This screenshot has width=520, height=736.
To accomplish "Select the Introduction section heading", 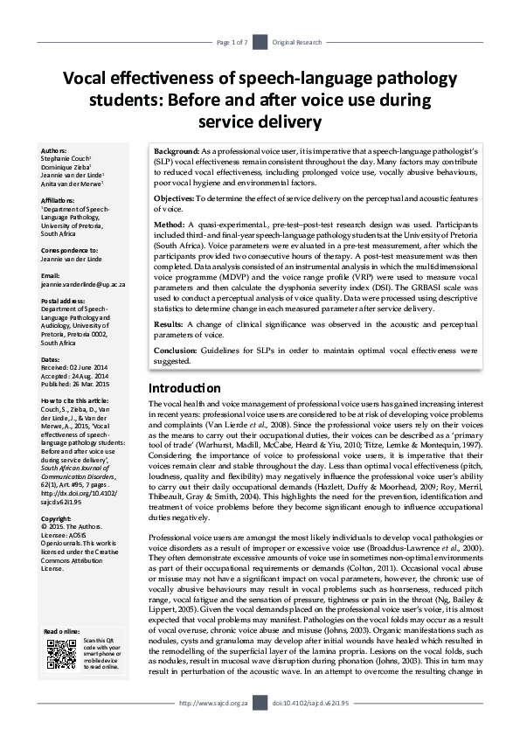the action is click(184, 387).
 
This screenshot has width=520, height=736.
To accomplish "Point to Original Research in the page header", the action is click(295, 42).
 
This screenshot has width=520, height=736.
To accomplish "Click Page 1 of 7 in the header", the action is click(232, 42).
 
